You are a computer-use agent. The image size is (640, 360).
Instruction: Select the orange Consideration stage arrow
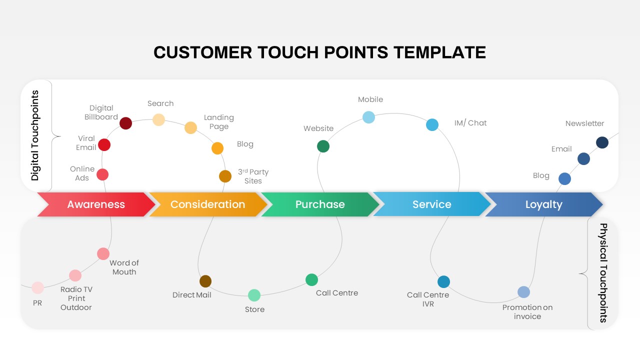point(207,204)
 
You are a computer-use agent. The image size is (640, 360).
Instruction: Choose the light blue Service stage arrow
point(431,204)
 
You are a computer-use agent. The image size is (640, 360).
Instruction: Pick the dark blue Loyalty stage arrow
point(543,204)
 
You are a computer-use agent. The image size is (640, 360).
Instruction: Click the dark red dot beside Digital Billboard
point(126,123)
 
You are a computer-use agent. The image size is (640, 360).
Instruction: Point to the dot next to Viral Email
point(104,145)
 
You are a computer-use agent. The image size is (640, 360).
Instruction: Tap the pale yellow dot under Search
point(158,119)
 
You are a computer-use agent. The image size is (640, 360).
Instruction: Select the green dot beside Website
point(323,146)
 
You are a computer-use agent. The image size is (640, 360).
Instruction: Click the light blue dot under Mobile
point(368,117)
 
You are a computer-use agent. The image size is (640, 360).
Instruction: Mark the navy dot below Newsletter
point(602,142)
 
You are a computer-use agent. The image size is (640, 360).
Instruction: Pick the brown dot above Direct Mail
point(205,281)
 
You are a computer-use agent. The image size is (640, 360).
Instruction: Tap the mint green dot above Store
point(254,295)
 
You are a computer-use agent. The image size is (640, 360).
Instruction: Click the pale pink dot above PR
point(37,287)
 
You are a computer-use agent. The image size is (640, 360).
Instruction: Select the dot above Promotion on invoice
point(523,292)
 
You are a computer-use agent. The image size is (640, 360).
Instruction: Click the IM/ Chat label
point(470,123)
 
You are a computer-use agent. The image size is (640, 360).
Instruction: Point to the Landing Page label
point(218,122)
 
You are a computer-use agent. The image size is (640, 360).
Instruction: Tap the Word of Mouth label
point(124,267)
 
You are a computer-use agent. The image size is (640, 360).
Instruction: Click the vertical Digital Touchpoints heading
point(35,135)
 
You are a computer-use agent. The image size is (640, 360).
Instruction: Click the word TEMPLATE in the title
point(439,52)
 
